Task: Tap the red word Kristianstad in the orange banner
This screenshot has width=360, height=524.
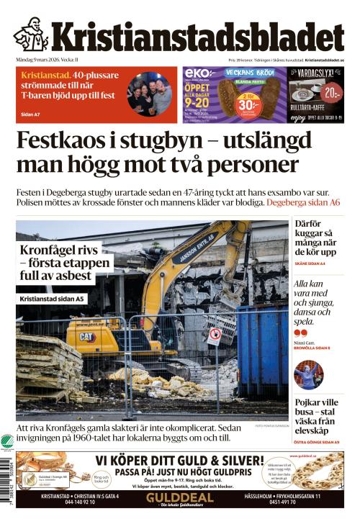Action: pyautogui.click(x=45, y=75)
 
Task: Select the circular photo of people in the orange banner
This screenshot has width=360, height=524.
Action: pyautogui.click(x=150, y=94)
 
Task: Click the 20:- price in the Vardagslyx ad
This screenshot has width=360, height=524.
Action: pyautogui.click(x=330, y=93)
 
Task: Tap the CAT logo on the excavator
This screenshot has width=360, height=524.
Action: pyautogui.click(x=86, y=336)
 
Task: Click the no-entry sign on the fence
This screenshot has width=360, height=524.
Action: pyautogui.click(x=214, y=335)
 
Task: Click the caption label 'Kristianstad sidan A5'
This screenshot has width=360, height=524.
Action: pyautogui.click(x=52, y=298)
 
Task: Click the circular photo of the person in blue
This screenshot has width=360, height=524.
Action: pyautogui.click(x=308, y=374)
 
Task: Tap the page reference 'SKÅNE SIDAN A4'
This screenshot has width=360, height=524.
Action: pyautogui.click(x=310, y=264)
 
